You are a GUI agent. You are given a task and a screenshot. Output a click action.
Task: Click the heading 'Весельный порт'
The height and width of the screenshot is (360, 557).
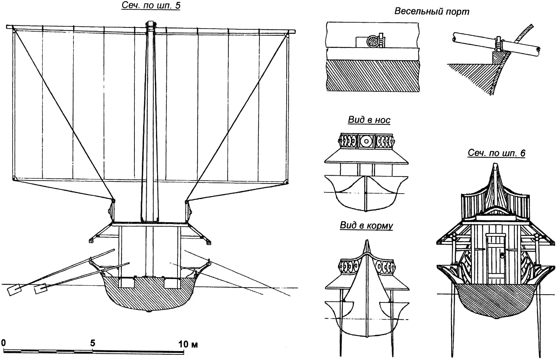(x=431, y=12)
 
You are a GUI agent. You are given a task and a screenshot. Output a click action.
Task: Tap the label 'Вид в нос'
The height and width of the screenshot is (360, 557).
(x=369, y=120)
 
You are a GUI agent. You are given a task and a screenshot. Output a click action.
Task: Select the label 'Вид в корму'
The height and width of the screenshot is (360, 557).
(x=366, y=226)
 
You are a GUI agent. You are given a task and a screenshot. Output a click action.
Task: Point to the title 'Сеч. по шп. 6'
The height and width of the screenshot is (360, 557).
(x=496, y=153)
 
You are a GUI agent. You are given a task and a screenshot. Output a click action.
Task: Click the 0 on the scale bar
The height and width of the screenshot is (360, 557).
(x=3, y=342)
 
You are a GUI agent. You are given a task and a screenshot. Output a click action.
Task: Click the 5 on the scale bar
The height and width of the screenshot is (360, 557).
(x=92, y=343)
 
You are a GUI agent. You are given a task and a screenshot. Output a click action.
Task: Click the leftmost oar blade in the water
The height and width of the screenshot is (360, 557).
(x=14, y=290)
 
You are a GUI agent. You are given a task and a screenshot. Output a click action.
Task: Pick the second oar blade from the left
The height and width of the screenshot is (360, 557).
(x=40, y=289)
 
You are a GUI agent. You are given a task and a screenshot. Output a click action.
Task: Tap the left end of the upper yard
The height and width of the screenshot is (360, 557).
(x=9, y=27)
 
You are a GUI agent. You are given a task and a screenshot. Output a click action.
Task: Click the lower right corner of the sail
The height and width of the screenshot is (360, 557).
(x=286, y=181)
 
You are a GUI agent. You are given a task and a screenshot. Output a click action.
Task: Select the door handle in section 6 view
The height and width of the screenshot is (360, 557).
(x=501, y=255)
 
